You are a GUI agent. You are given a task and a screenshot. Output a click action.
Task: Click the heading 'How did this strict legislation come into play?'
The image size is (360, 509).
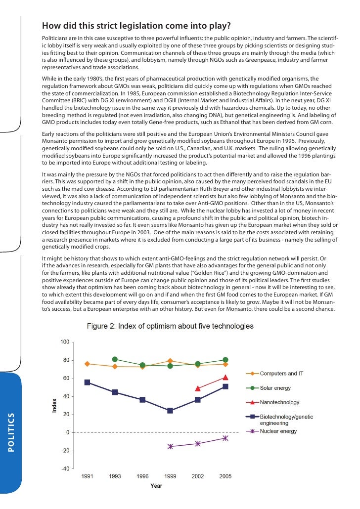point(136,26)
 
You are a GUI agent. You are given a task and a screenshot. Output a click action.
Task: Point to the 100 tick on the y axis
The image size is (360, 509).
point(65,342)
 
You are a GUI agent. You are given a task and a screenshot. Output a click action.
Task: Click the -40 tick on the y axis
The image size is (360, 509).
point(64,469)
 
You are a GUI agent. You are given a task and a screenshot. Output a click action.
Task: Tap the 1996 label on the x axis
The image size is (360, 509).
point(142,476)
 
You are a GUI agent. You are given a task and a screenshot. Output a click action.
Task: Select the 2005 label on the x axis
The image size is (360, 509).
point(225,476)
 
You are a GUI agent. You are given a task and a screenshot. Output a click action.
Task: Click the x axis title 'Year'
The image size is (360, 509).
point(156,486)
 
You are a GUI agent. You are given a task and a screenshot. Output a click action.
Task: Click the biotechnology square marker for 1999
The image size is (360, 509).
point(170,411)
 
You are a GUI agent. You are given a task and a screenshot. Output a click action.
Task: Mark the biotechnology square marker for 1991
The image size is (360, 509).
point(88,382)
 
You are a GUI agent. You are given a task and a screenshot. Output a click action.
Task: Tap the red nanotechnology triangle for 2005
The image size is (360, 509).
point(225,378)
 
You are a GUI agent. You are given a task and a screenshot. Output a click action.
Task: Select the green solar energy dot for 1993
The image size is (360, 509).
point(115,359)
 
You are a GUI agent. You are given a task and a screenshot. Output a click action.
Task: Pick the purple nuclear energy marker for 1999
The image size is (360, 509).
point(170,446)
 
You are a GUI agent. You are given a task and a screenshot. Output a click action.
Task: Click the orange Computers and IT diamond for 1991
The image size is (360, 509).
point(88,364)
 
